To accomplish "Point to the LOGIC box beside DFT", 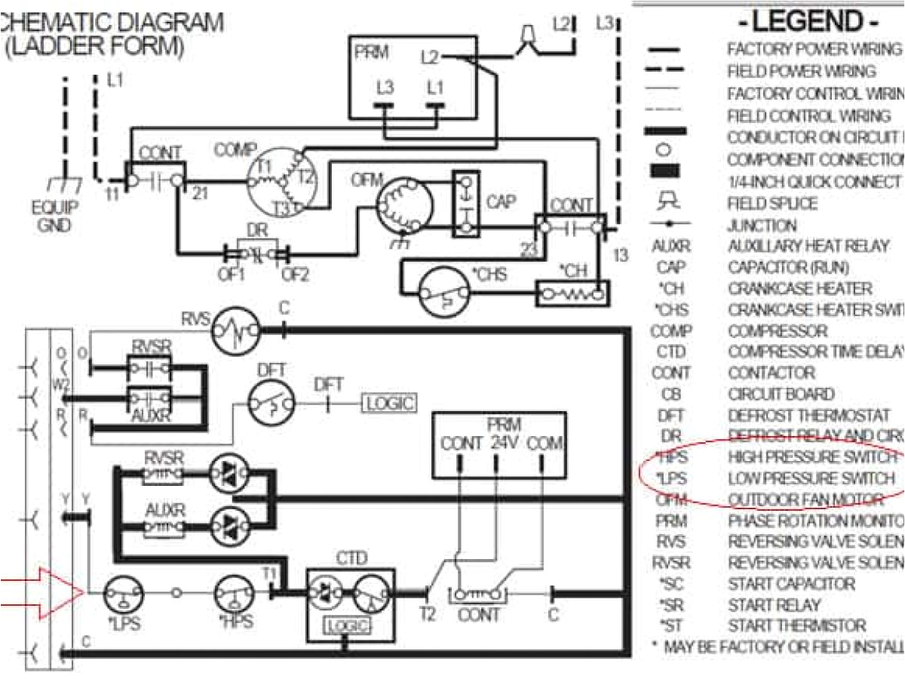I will (390, 404).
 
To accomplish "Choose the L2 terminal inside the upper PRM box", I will (429, 57).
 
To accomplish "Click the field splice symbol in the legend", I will (665, 202).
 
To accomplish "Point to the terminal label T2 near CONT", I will (427, 614).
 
